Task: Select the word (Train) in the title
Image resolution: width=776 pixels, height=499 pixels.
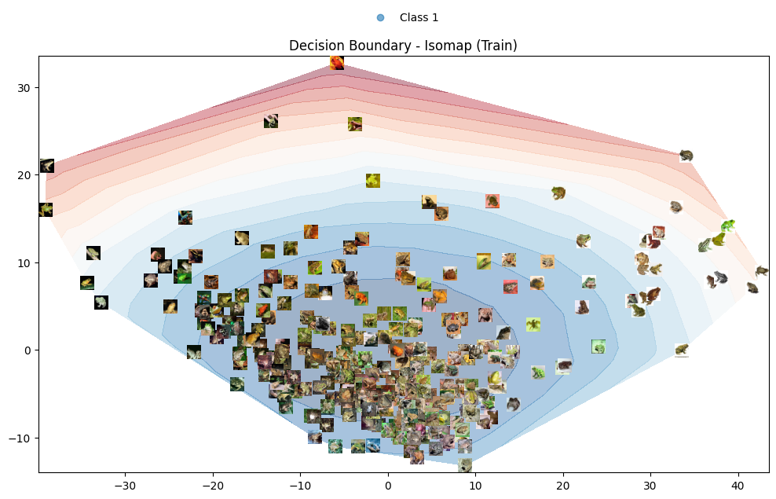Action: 493,46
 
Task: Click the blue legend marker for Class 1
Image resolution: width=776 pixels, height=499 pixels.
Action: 380,17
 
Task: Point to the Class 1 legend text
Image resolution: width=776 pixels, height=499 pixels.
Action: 419,17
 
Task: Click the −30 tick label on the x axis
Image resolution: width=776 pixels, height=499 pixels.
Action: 125,485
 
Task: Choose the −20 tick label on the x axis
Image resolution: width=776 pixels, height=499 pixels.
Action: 212,485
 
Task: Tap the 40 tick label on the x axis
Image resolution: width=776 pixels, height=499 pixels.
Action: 738,485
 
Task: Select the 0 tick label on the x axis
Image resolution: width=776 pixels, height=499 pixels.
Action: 388,485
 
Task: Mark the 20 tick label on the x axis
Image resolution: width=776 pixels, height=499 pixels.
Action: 562,485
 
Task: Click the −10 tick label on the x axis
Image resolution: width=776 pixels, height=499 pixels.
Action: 300,485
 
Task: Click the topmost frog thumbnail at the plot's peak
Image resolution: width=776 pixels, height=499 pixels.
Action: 337,63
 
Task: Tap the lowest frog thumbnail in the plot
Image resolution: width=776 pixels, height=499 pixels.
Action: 465,465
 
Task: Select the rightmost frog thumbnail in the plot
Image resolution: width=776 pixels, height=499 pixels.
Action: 762,271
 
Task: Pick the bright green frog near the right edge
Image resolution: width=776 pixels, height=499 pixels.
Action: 728,226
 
